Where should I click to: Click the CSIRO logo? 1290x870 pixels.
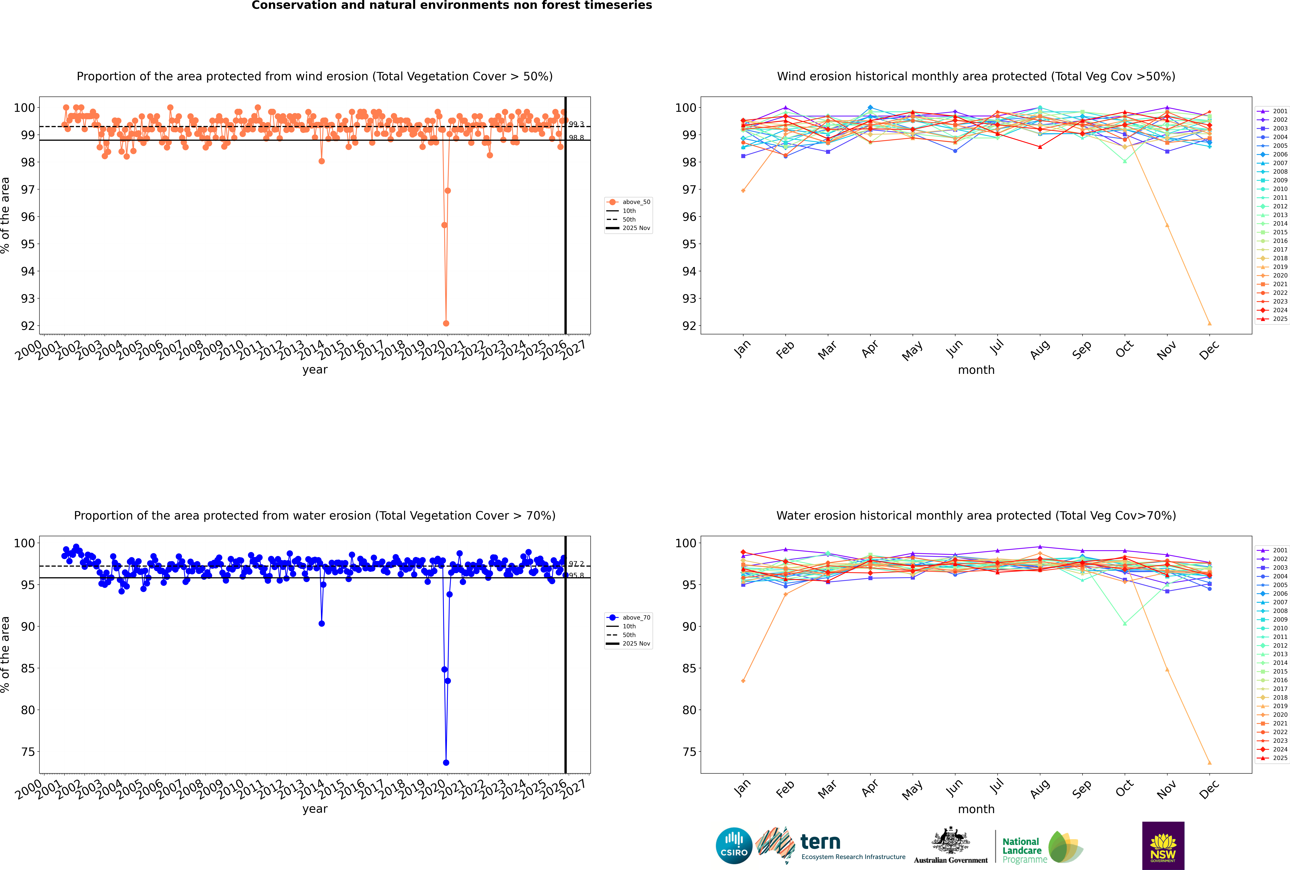734,846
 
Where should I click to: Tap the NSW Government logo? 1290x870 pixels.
1163,845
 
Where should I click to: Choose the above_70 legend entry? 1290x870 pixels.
629,618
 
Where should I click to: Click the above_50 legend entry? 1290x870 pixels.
629,202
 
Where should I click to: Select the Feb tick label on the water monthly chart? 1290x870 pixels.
785,789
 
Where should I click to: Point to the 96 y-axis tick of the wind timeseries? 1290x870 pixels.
28,217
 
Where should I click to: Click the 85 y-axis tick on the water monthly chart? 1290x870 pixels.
689,669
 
